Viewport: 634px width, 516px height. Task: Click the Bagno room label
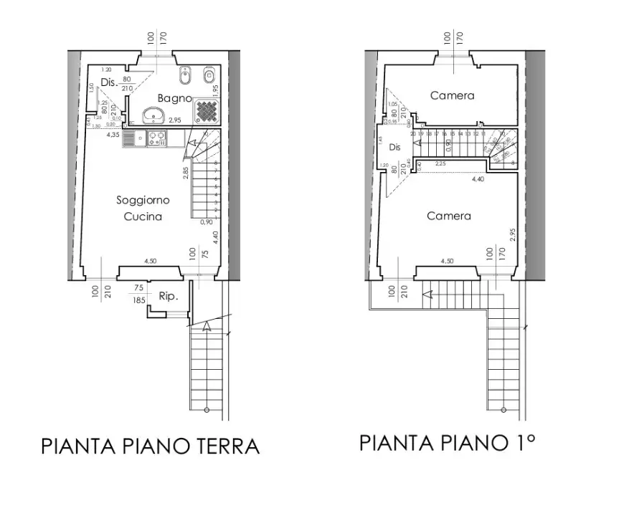174,98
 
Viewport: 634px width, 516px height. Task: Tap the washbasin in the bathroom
153,115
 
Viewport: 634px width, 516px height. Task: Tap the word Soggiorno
143,201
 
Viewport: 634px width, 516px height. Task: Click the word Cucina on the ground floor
143,216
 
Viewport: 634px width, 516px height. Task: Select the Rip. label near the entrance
168,295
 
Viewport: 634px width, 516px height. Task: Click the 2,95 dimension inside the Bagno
174,121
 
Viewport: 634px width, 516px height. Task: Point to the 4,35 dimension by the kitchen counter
113,134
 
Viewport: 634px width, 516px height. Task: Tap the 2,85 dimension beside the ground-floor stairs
185,172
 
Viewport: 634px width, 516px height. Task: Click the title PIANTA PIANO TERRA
150,446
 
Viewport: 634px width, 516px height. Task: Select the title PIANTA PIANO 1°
448,442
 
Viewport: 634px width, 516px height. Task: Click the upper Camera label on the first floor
452,95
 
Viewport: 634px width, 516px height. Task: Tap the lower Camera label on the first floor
449,216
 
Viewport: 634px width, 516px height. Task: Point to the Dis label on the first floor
394,147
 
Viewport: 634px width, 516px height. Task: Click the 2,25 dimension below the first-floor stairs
441,163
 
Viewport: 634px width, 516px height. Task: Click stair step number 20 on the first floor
413,133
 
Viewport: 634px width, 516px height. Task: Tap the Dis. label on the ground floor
108,82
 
